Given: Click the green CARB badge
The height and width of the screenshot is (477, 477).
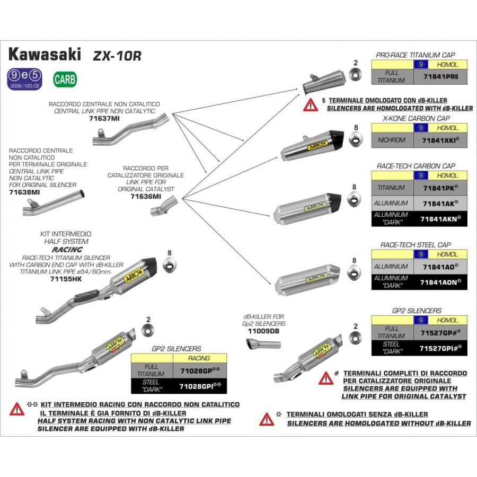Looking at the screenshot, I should point(65,79).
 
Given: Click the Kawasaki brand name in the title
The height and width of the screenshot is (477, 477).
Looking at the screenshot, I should point(46,54).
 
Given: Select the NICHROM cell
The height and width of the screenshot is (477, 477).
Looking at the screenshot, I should point(392,140).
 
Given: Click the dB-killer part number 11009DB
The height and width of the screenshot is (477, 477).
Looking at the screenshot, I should point(263,331).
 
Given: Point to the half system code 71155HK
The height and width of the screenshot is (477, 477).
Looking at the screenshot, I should point(65,278).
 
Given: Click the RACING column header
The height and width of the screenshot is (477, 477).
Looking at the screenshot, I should point(199,358).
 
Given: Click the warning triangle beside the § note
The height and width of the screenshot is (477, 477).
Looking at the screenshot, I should point(310,104).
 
